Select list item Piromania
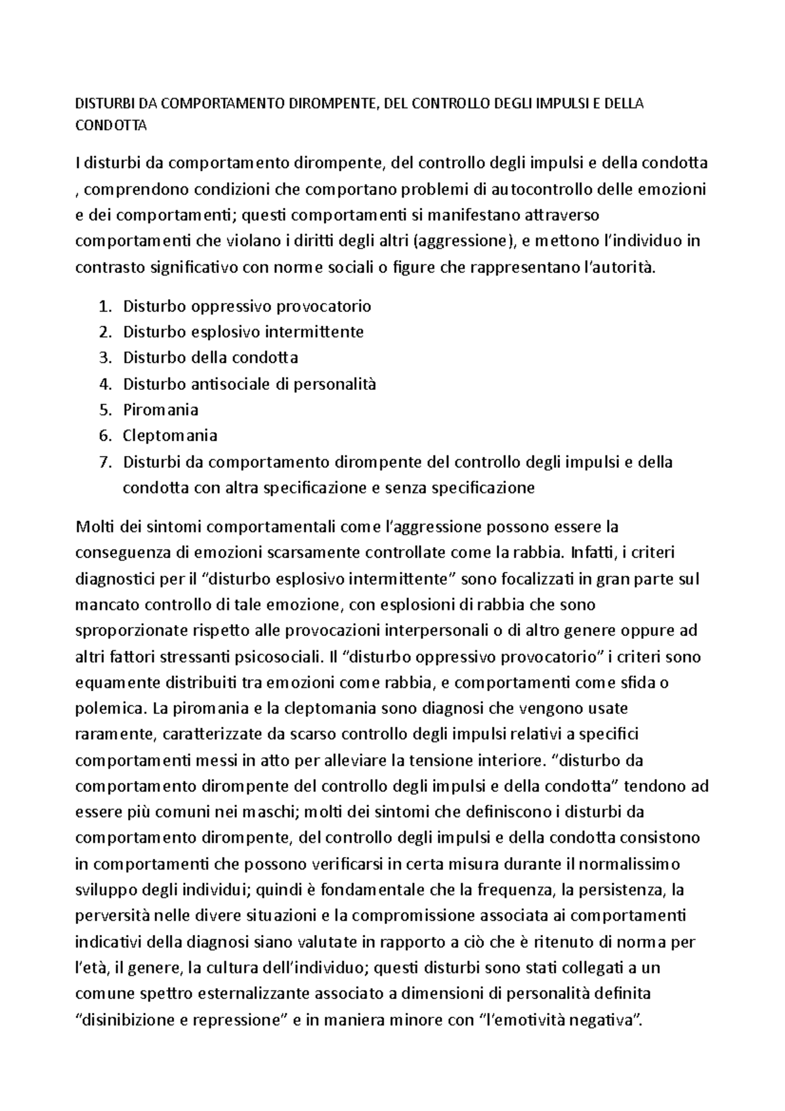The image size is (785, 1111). (x=160, y=410)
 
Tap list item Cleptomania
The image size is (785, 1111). (x=170, y=436)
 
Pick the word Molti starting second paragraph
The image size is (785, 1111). (x=94, y=527)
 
